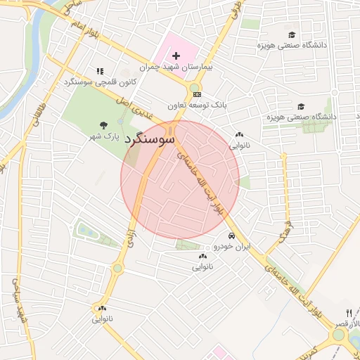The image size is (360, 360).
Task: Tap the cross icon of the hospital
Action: click(176, 55)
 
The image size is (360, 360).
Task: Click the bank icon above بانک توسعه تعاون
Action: click(196, 94)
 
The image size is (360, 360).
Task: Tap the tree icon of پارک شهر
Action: click(104, 124)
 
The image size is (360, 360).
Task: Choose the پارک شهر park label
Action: click(103, 136)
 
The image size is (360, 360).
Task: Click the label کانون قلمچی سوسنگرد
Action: click(99, 82)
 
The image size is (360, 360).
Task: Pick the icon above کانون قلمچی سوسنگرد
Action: click(99, 71)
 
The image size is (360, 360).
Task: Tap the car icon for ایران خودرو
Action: click(231, 236)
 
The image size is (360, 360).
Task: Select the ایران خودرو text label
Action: click(231, 247)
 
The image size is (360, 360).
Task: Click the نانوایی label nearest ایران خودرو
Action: click(203, 268)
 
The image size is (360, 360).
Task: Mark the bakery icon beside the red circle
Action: click(239, 135)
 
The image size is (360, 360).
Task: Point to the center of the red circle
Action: click(180, 179)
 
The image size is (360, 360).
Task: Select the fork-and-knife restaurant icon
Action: click(349, 312)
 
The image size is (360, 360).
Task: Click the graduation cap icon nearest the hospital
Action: click(291, 34)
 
